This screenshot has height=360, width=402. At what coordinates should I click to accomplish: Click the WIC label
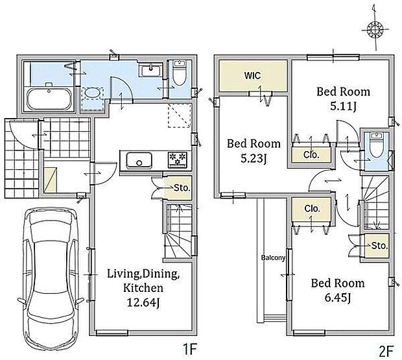(252, 76)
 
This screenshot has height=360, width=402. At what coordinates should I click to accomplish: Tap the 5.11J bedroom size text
(343, 106)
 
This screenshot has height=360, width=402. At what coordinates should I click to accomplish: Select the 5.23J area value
(254, 159)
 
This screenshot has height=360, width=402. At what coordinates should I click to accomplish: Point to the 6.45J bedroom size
(337, 298)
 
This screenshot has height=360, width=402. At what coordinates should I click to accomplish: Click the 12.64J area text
(143, 303)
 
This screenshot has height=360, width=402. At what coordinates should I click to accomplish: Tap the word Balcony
(273, 258)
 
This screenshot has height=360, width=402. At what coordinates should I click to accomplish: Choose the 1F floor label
(189, 350)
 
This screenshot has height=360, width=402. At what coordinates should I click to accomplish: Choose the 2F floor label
(386, 351)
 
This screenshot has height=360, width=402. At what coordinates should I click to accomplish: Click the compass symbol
(375, 29)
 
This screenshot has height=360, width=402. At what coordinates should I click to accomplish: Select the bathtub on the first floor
(49, 99)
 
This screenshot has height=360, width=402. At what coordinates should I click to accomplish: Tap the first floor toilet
(179, 73)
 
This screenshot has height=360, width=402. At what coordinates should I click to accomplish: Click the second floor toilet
(376, 145)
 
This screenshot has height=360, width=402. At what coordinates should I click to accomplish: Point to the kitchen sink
(139, 160)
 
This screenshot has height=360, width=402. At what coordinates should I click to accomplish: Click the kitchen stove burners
(179, 160)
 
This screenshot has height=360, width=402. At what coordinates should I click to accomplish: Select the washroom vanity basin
(150, 70)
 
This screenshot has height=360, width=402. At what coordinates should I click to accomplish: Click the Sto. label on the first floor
(182, 188)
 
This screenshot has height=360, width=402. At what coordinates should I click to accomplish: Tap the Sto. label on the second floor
(379, 246)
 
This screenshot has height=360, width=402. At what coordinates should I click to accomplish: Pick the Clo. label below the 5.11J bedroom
(311, 154)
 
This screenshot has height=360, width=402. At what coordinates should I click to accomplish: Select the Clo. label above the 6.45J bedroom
(313, 208)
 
